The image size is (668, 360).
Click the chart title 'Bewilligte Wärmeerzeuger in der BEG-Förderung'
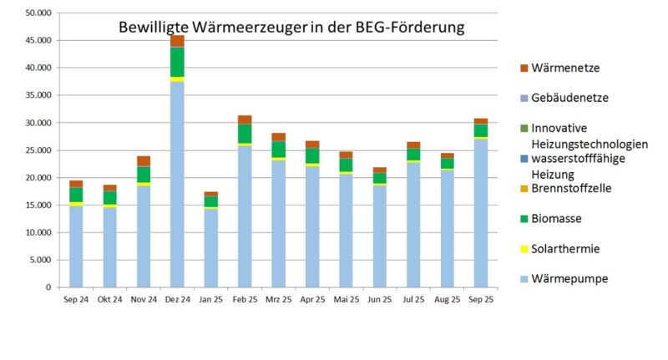291,27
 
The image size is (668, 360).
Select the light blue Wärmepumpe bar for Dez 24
177,184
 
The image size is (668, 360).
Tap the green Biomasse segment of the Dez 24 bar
177,62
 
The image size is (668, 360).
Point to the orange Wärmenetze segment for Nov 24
144,161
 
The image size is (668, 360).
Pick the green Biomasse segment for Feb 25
245,134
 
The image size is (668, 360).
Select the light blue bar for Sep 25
480,213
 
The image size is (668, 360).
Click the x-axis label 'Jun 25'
379,298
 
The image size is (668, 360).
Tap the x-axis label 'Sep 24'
76,298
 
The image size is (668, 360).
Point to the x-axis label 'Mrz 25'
278,298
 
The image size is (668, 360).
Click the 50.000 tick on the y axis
37,13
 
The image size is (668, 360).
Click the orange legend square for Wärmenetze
524,68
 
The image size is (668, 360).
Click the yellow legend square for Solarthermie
524,249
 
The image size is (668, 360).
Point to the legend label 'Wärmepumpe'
569,279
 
